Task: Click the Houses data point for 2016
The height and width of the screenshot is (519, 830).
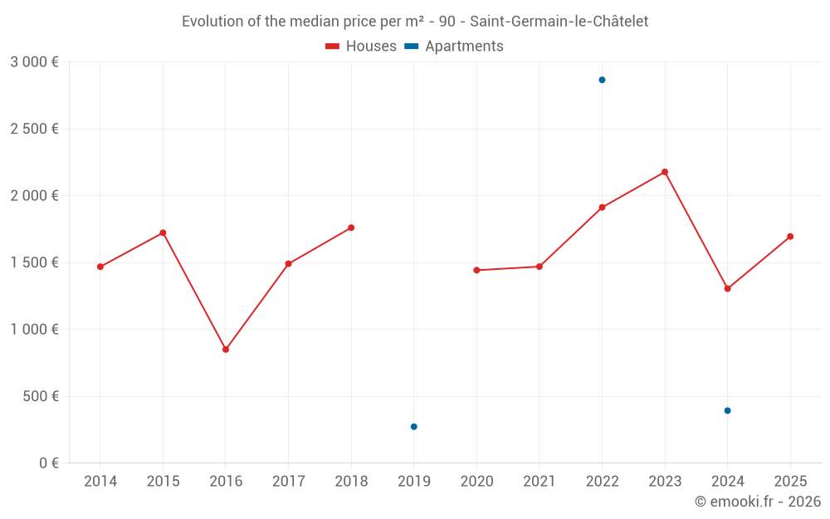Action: click(226, 350)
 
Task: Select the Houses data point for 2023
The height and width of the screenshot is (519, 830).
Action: click(665, 172)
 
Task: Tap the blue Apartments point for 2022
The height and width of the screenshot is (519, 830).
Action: click(602, 80)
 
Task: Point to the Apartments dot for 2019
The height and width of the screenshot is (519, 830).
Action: click(414, 427)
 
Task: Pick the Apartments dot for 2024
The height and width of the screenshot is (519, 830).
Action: click(727, 410)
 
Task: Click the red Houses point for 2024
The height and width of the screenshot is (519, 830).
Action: click(727, 289)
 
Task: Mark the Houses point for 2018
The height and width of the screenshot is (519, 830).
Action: click(351, 228)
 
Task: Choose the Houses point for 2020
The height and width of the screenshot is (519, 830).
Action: click(476, 270)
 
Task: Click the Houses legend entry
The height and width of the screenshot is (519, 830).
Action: click(361, 47)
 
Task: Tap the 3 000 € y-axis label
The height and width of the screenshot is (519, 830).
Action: click(34, 62)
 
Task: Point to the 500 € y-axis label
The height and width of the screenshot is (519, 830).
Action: click(40, 396)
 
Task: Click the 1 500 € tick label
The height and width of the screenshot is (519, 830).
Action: click(34, 262)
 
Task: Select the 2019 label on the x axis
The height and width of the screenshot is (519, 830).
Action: click(414, 482)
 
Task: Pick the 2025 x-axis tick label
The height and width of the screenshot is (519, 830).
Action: click(790, 482)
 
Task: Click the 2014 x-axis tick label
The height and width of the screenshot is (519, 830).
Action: click(100, 482)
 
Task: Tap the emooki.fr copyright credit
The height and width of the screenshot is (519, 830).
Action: click(757, 502)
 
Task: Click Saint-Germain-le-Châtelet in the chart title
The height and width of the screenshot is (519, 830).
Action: click(559, 22)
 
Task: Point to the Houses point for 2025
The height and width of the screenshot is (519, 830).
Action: click(790, 237)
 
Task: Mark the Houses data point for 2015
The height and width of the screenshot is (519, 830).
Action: click(163, 233)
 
